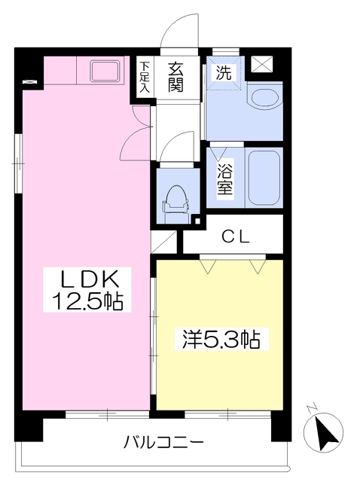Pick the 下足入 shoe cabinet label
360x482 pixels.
click(x=144, y=76)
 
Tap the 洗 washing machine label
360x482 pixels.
click(x=224, y=73)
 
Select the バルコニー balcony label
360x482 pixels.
click(x=163, y=441)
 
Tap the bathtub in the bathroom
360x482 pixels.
click(x=264, y=178)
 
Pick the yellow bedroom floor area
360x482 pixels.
click(x=218, y=369)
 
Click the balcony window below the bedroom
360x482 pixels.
click(x=218, y=413)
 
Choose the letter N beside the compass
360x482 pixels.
click(x=311, y=410)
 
